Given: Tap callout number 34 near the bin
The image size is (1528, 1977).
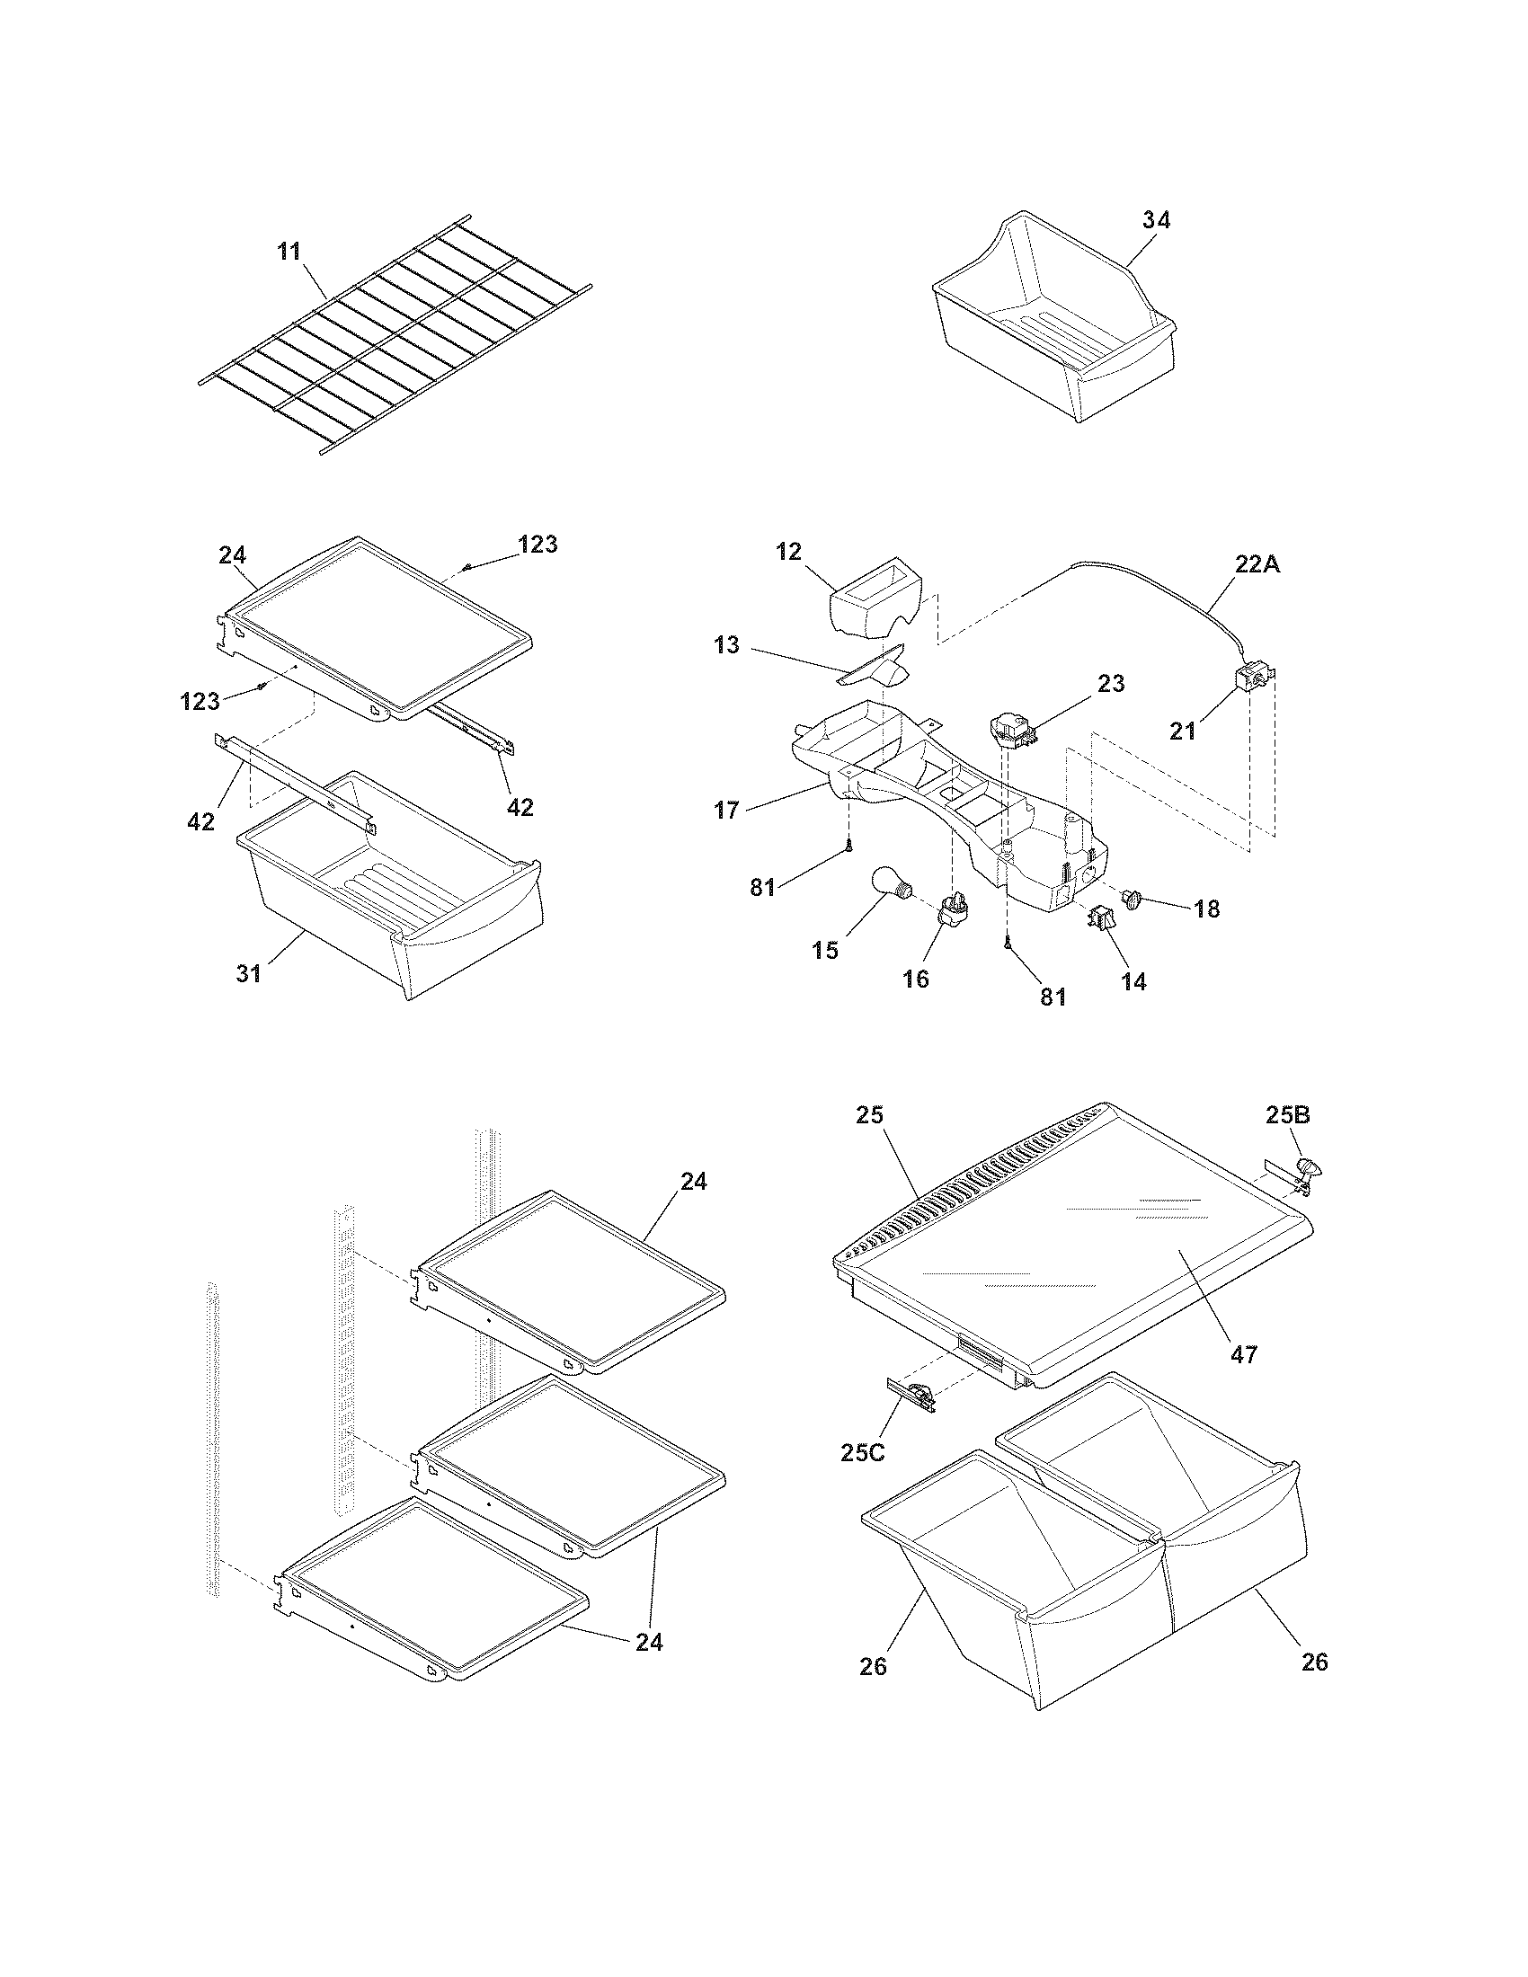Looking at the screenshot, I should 1155,220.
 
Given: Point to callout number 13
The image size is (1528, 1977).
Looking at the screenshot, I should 727,646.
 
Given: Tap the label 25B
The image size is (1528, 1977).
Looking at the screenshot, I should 1287,1116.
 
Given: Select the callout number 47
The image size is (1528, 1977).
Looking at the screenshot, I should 1244,1354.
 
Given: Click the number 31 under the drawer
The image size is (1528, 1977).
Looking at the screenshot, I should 249,974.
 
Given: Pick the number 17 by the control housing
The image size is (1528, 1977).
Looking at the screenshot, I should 727,810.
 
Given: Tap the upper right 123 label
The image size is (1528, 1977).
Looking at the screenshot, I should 537,544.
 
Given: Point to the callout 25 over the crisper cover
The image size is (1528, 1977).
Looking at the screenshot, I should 870,1115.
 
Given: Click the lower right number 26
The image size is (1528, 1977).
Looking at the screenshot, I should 1314,1662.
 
